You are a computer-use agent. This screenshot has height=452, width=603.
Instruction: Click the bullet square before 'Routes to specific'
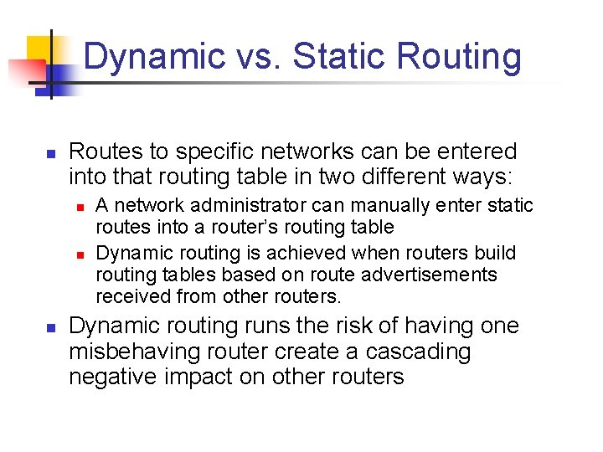click(49, 154)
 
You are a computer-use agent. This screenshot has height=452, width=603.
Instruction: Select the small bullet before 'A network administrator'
click(80, 206)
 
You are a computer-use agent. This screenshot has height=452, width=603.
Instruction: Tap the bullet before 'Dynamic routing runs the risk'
click(49, 327)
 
